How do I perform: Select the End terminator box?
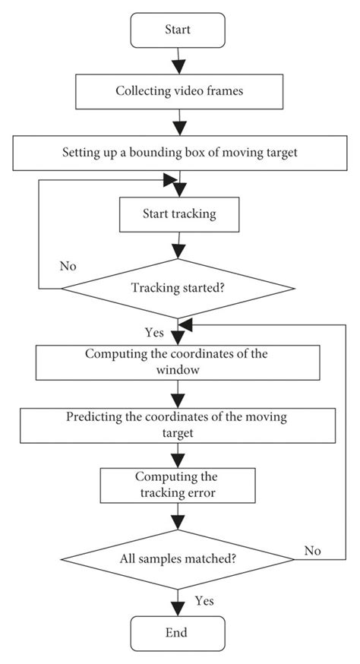177,632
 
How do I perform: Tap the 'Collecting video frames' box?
177,92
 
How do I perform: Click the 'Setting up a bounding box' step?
177,153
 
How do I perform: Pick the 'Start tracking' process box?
177,215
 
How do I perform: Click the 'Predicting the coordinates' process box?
177,426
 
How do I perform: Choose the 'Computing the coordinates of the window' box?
177,363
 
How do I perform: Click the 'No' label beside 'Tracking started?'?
68,267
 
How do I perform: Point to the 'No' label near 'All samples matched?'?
312,549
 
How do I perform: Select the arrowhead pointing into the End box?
178,608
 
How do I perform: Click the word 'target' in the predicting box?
177,433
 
